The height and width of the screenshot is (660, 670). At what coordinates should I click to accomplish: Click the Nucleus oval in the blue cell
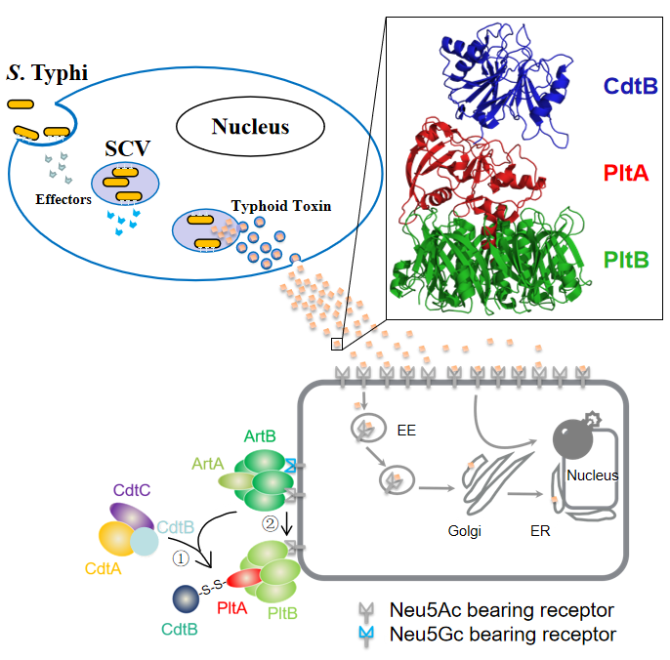click(x=251, y=127)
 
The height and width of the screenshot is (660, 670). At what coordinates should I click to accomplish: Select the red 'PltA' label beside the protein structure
click(x=631, y=174)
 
